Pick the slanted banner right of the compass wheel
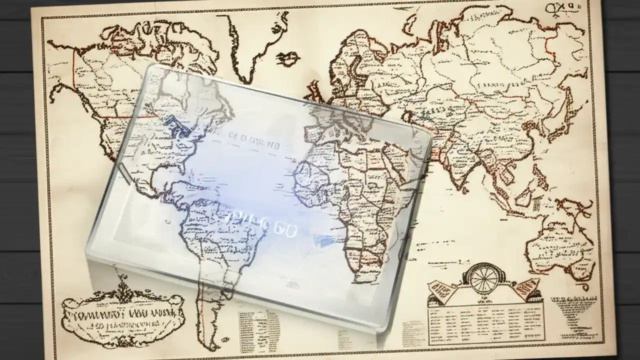point(525,290)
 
